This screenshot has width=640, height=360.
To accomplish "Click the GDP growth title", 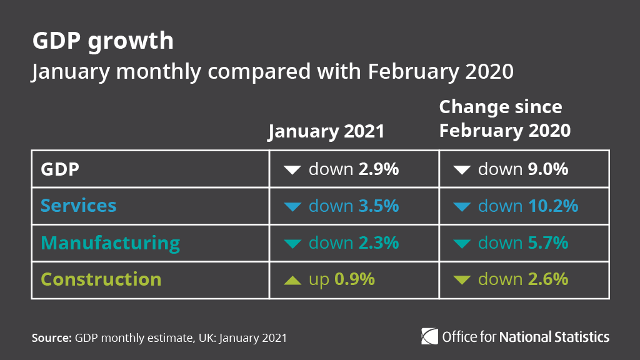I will pyautogui.click(x=102, y=41).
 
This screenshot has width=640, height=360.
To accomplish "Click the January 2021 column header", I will pyautogui.click(x=326, y=132).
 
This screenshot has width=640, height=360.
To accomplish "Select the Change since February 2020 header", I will pyautogui.click(x=504, y=119).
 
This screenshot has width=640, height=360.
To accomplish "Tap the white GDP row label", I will pyautogui.click(x=60, y=169).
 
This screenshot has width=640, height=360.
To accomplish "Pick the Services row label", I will pyautogui.click(x=78, y=206).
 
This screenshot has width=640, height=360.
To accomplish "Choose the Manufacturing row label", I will pyautogui.click(x=110, y=242).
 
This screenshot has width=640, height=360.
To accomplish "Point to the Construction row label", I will pyautogui.click(x=101, y=279).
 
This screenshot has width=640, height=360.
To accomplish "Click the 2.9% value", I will pyautogui.click(x=378, y=169).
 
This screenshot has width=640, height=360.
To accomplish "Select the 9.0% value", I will pyautogui.click(x=547, y=169).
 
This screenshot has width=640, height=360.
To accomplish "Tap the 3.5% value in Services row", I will pyautogui.click(x=378, y=206).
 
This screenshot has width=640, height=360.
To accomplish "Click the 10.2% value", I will pyautogui.click(x=552, y=206).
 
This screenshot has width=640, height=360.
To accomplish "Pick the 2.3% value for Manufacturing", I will pyautogui.click(x=378, y=242).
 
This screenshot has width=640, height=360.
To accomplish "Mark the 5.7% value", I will pyautogui.click(x=547, y=242).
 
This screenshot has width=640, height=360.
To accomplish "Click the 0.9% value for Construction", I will pyautogui.click(x=354, y=279).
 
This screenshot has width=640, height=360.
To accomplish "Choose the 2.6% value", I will pyautogui.click(x=547, y=279).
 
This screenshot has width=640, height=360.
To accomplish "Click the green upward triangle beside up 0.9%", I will pyautogui.click(x=292, y=281).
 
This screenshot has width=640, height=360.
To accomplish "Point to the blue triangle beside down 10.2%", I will pyautogui.click(x=462, y=206).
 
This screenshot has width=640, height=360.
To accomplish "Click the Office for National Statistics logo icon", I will pyautogui.click(x=430, y=336).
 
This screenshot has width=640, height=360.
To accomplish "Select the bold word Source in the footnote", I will pyautogui.click(x=51, y=338).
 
